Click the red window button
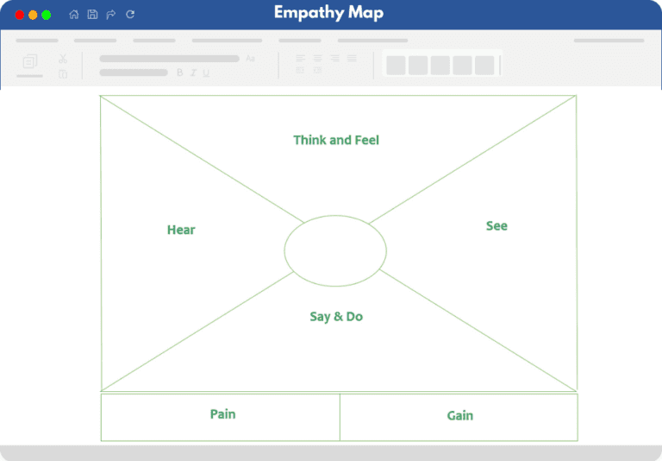(20, 16)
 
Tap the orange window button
(33, 16)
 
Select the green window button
(47, 16)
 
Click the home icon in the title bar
(74, 15)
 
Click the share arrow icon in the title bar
(111, 15)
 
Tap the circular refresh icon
(130, 15)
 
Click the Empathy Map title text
(329, 13)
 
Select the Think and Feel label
(336, 140)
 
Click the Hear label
(181, 230)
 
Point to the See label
(496, 226)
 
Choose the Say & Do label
(336, 317)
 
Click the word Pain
(223, 414)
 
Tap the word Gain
(460, 416)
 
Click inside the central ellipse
(335, 251)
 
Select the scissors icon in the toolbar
(63, 59)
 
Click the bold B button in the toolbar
(180, 73)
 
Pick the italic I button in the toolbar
(193, 73)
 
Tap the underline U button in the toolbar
(206, 73)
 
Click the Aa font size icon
(250, 59)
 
